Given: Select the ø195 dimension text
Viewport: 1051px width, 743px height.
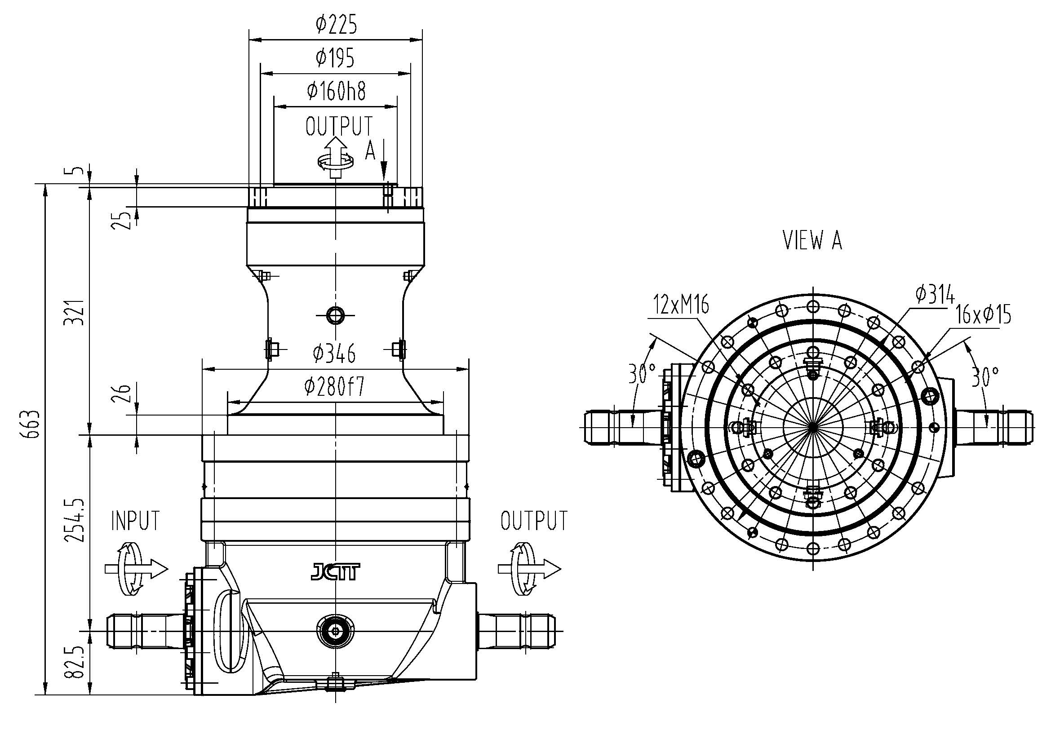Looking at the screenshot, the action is [x=335, y=58].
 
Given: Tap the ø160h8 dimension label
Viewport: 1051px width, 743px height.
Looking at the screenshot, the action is [x=337, y=91].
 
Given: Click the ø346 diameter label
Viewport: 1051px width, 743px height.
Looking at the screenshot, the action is [x=334, y=353].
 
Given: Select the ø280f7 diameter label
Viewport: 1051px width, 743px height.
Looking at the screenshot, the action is [x=335, y=387].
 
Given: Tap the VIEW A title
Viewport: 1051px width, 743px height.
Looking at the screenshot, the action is [x=812, y=241].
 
